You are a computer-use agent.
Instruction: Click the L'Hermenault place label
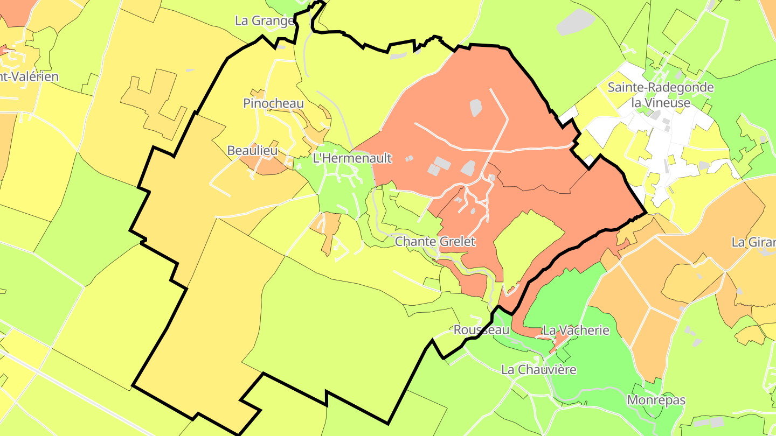click(352, 158)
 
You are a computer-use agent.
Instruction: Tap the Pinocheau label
click(273, 103)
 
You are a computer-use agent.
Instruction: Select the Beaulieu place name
click(252, 150)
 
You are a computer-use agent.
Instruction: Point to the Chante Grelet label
click(435, 241)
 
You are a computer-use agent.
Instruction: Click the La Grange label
click(265, 20)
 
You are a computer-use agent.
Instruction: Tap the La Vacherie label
click(576, 329)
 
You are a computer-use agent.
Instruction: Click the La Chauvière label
click(538, 370)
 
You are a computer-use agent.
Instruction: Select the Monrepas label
click(656, 400)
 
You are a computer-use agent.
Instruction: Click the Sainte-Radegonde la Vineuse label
click(661, 94)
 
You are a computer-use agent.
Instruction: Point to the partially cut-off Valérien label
click(29, 76)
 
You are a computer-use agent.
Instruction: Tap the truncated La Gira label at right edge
click(753, 242)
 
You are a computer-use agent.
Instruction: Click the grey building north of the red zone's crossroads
click(475, 108)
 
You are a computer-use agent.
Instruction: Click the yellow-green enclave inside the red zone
click(525, 242)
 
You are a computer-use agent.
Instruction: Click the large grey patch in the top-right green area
click(576, 22)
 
